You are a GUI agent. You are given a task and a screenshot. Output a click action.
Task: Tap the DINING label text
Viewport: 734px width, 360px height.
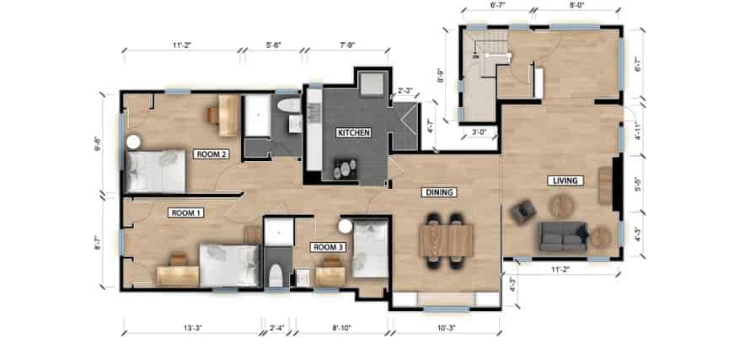(x=438, y=192)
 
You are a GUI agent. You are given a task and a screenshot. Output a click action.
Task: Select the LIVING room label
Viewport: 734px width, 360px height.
(x=560, y=180)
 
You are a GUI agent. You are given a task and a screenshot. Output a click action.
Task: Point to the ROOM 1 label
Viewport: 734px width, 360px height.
(x=185, y=212)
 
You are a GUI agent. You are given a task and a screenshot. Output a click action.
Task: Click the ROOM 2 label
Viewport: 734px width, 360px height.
(x=211, y=154)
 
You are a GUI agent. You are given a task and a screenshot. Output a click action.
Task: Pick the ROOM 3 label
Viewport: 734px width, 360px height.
(x=327, y=247)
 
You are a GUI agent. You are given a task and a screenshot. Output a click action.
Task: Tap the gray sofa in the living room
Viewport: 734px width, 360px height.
(x=564, y=235)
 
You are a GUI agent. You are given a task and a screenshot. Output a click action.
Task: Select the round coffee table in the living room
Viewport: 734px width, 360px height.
(x=560, y=206)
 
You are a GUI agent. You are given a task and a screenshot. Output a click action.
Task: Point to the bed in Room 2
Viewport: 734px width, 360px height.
(x=157, y=169)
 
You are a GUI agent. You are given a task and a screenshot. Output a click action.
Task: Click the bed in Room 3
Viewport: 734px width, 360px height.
(x=369, y=246)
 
